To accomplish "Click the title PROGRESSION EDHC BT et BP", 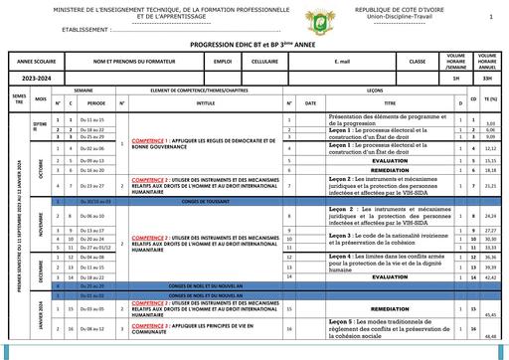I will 254,46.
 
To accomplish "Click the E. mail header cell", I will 344,62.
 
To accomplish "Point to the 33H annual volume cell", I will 487,76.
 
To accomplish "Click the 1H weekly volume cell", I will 455,76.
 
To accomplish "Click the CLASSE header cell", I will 417,62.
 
